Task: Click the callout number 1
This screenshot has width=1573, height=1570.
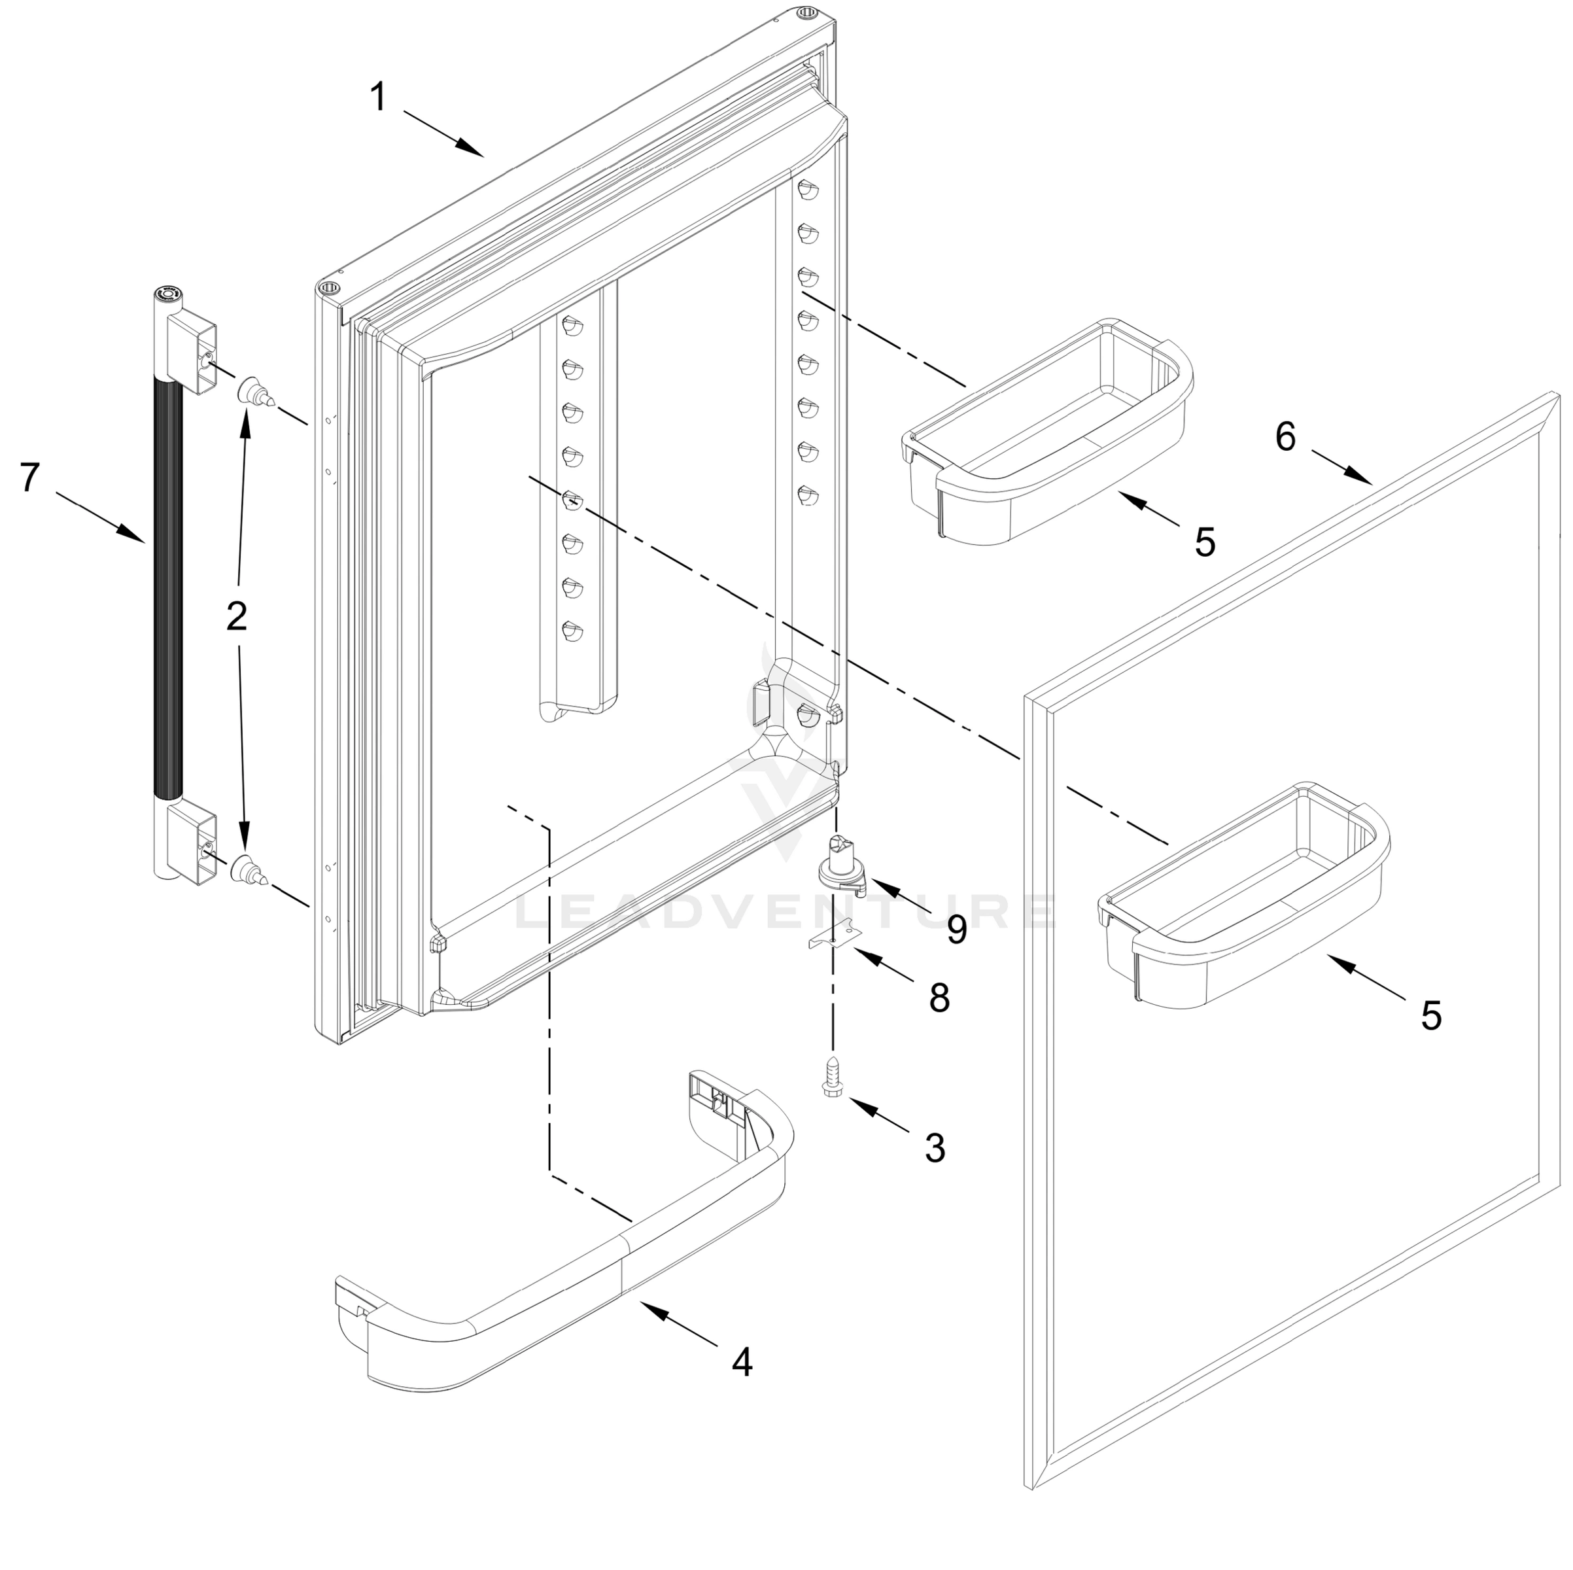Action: pyautogui.click(x=378, y=97)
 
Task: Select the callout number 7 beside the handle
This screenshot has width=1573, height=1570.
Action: pyautogui.click(x=30, y=477)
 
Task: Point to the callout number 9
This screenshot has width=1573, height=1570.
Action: pyautogui.click(x=957, y=929)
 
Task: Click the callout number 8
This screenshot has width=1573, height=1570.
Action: pyautogui.click(x=940, y=998)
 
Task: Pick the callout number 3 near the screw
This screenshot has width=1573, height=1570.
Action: pyautogui.click(x=935, y=1147)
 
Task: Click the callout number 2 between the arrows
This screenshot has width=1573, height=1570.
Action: pyautogui.click(x=236, y=616)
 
